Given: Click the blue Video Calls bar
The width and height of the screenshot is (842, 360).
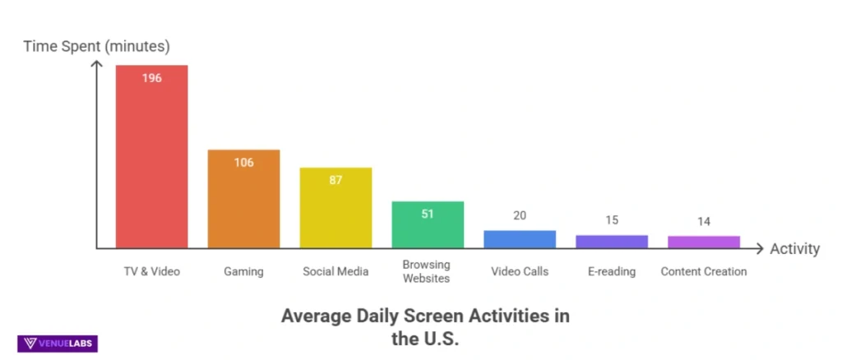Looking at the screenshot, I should pos(520,239).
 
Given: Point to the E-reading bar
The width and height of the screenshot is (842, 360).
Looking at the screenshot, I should pos(612,242).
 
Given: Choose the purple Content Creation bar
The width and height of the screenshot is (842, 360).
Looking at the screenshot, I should pos(704,242).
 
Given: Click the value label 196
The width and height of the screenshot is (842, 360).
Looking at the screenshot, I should pos(151,78).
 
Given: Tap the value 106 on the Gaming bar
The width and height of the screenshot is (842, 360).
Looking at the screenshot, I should pos(243,162).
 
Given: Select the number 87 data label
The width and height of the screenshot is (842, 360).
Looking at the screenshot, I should pos(335,180).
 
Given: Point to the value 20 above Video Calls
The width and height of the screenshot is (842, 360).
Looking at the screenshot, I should pos(520,216).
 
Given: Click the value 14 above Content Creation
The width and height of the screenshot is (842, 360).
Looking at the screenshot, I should pos(704,221).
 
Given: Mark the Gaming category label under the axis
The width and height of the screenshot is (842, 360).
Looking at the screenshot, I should pos(243,271).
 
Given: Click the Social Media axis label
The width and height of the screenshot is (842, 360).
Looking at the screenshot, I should pos(335,271).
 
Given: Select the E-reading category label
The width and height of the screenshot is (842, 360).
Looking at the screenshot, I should pos(612,271).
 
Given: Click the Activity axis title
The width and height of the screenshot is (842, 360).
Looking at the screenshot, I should pos(795,249).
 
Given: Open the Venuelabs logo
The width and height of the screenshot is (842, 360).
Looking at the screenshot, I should pos(58,344).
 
